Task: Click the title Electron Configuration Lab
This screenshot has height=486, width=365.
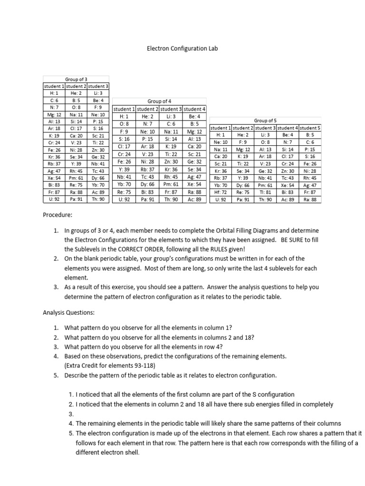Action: (182, 48)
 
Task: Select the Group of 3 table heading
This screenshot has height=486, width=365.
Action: (76, 79)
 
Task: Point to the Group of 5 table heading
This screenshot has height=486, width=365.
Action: (266, 121)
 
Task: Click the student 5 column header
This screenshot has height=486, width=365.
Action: (310, 128)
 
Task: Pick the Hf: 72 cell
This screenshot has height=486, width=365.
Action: (221, 192)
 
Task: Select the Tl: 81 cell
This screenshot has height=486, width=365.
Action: (265, 192)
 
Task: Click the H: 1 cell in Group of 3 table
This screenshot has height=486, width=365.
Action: (54, 93)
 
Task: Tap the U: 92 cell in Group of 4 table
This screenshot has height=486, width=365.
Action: (123, 200)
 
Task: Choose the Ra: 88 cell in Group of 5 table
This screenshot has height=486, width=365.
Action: (310, 200)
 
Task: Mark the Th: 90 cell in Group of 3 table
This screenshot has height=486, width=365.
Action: (98, 200)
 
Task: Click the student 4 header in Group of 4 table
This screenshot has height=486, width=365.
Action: (194, 109)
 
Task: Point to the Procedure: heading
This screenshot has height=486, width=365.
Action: (58, 215)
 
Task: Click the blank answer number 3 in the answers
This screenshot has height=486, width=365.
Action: (71, 413)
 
